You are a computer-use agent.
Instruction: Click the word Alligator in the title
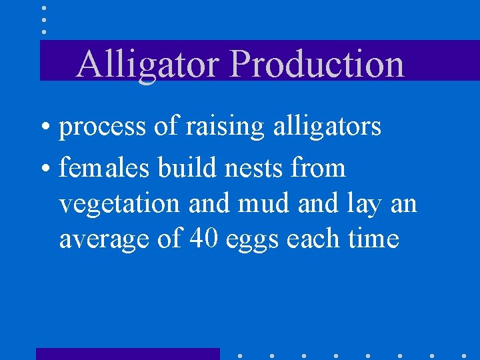point(148,64)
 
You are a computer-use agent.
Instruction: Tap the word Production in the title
point(317,64)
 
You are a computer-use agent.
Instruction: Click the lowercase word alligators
point(327,125)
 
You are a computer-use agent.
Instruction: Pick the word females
point(105,168)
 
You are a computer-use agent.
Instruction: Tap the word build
point(187,168)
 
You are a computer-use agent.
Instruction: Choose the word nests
point(254,168)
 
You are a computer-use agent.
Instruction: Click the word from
point(319,168)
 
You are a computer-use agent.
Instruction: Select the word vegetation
point(119,204)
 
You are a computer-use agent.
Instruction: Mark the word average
point(103,239)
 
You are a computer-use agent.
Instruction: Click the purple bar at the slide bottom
point(127,353)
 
